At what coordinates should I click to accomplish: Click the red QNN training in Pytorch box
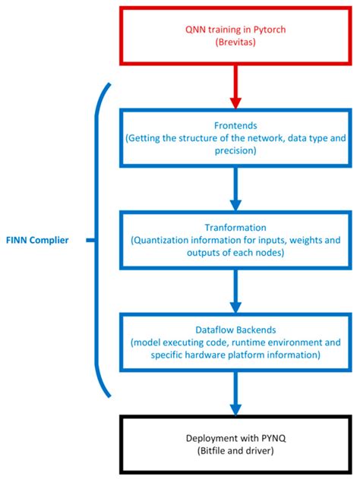coord(235,36)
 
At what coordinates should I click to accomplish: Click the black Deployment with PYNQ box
coord(235,443)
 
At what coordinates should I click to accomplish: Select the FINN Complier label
coord(43,241)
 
